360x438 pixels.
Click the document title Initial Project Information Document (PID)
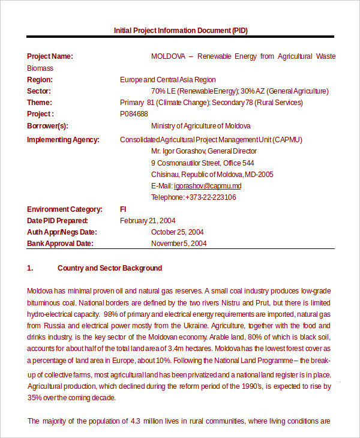(180, 30)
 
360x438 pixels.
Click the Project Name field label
(50, 56)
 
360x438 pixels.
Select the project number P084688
(134, 114)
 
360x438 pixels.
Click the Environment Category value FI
(123, 209)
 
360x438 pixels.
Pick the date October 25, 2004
(178, 232)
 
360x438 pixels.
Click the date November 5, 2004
(179, 244)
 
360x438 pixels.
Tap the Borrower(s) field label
(47, 126)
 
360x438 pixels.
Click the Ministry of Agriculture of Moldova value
(201, 126)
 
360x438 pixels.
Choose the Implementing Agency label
(63, 140)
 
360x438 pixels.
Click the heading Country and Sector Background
(110, 268)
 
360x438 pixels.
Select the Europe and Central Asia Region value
(168, 80)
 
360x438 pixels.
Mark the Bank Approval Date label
(60, 244)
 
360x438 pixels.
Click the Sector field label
(39, 91)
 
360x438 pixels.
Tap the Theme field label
(39, 103)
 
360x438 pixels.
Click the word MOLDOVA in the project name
(168, 56)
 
